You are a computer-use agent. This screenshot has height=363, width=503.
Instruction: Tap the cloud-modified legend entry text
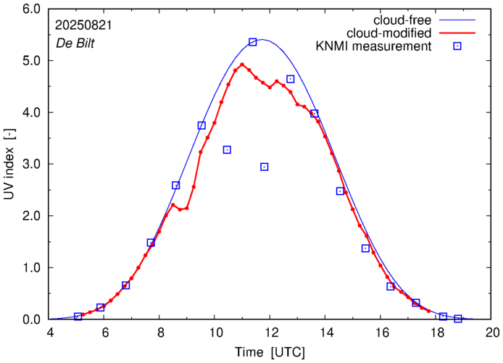389,33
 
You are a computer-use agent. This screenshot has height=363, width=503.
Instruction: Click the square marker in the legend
457,46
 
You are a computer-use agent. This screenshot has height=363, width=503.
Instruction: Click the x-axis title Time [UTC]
270,352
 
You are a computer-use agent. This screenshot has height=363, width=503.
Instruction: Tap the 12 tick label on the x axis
270,333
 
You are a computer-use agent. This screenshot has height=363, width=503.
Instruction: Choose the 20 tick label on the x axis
492,333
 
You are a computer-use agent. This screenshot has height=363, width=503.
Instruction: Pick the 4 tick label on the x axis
49,333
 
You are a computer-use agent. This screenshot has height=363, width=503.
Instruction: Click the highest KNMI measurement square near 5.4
253,42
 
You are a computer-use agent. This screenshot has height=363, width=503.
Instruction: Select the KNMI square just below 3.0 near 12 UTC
265,167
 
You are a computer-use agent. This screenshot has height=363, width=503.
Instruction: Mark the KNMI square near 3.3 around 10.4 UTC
227,150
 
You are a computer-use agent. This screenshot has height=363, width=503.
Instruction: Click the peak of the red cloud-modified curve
242,64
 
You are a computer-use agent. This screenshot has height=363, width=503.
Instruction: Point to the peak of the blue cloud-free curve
262,39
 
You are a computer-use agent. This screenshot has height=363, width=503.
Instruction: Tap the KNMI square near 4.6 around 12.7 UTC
291,79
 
